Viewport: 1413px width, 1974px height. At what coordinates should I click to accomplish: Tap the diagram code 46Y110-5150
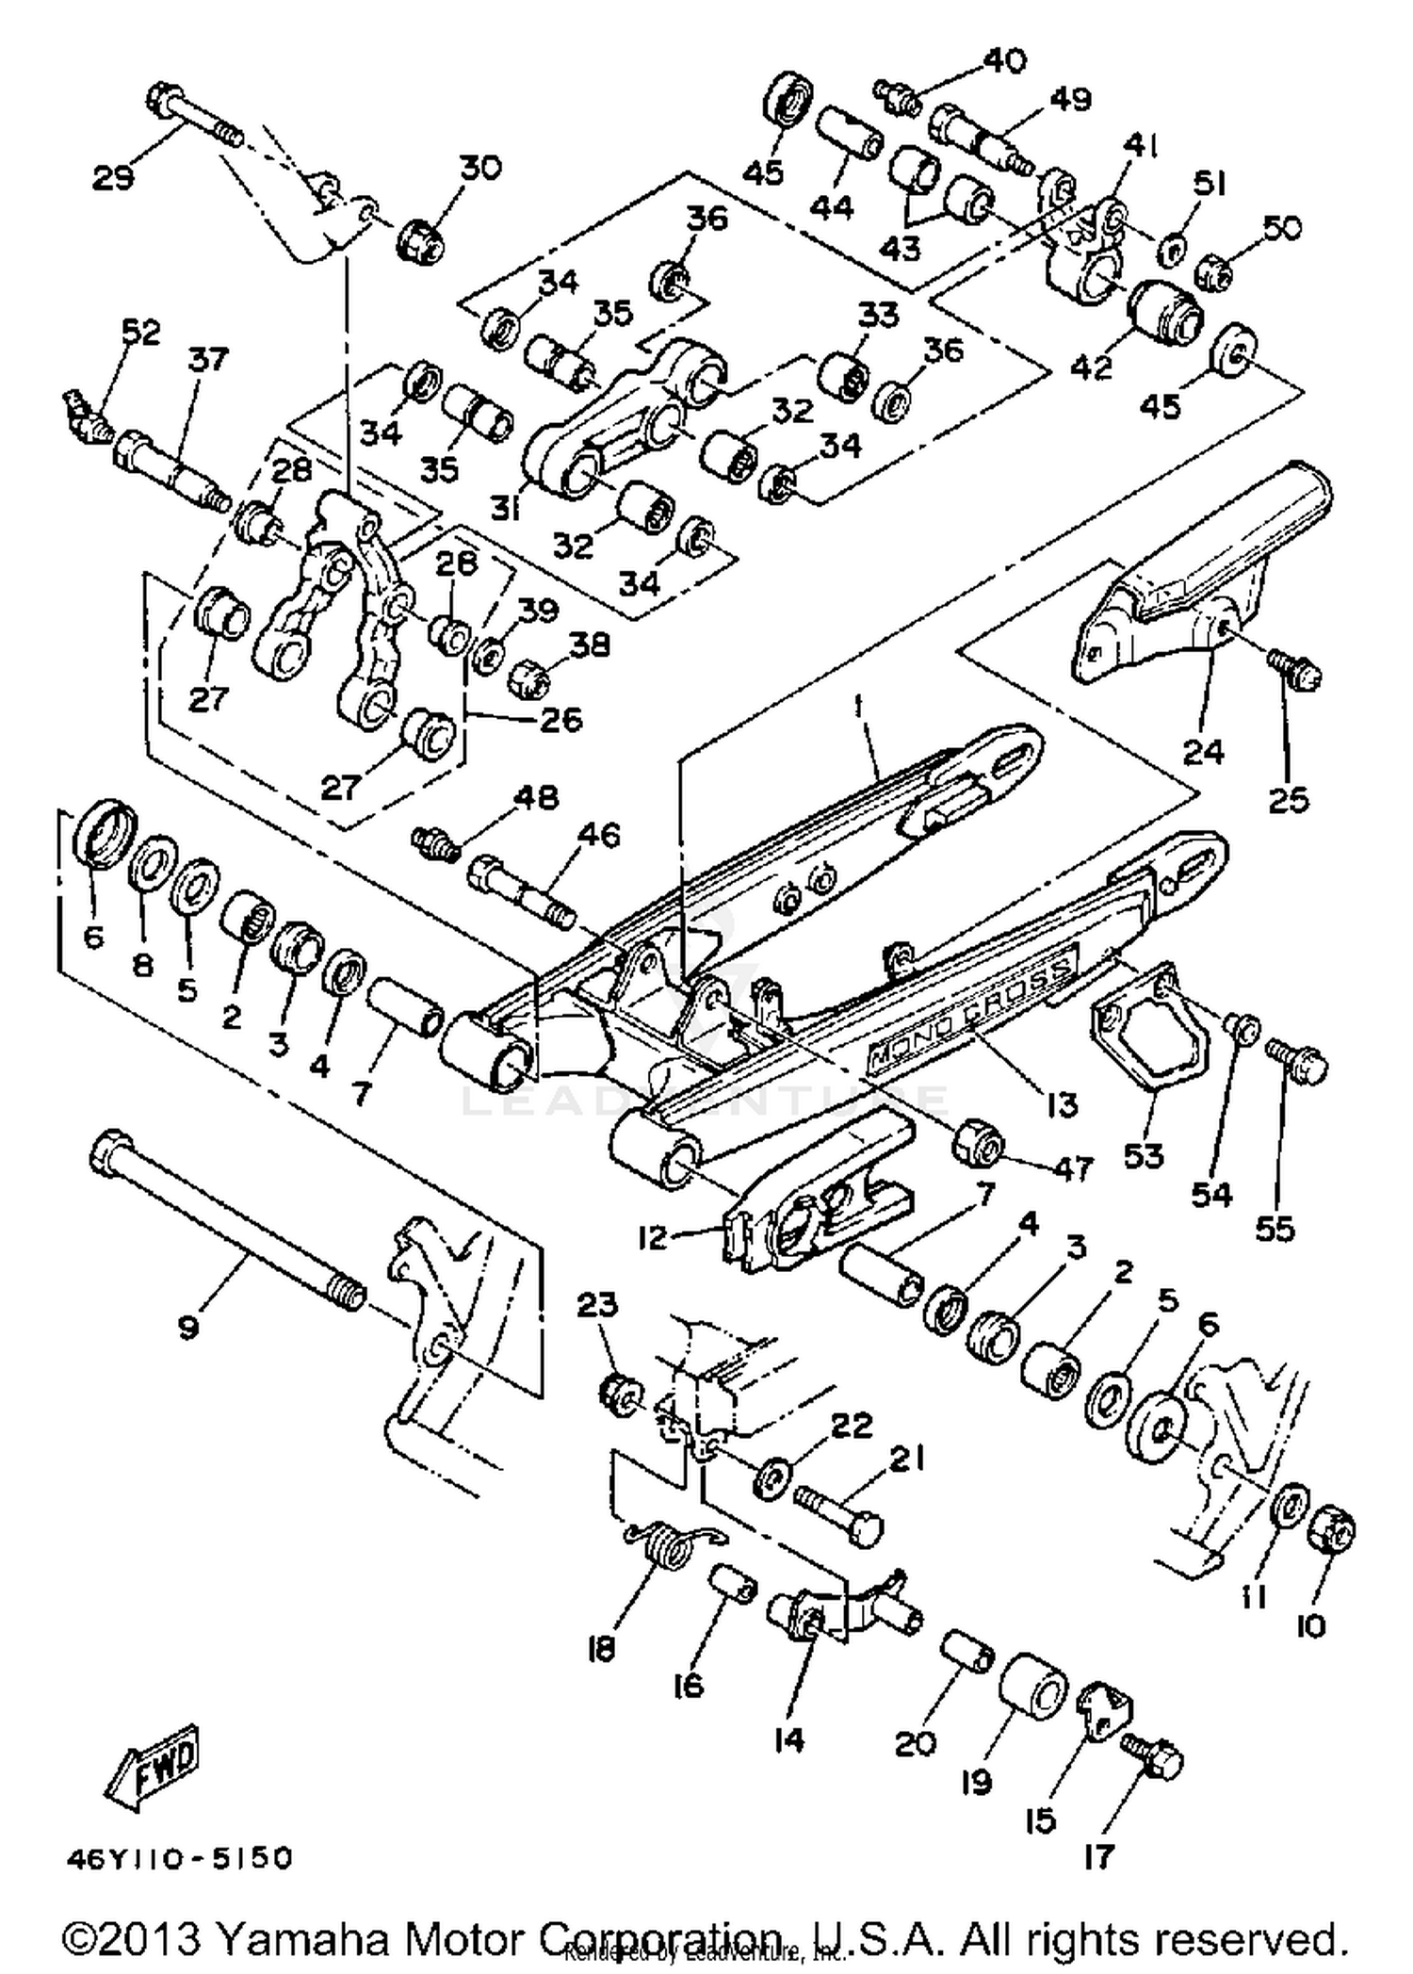[x=180, y=1857]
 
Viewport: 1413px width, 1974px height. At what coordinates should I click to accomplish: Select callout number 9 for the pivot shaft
[x=187, y=1328]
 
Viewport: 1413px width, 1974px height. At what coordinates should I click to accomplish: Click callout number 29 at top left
[x=113, y=178]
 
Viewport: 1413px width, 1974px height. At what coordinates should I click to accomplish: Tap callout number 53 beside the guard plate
[x=1144, y=1155]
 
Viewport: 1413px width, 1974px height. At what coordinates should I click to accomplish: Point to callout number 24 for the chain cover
[x=1202, y=752]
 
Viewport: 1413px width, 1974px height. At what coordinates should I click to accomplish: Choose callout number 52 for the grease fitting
[x=141, y=332]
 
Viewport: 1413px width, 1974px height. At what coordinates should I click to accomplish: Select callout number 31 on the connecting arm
[x=506, y=509]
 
